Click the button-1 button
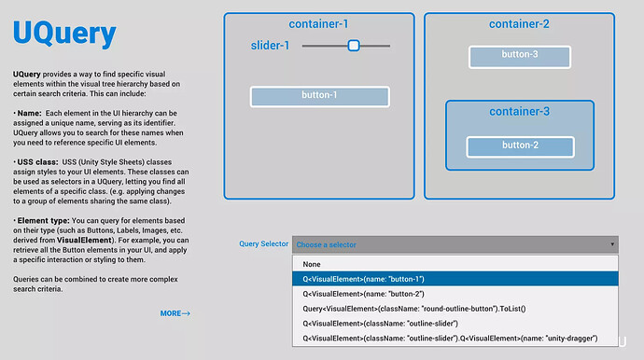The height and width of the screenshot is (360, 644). pyautogui.click(x=319, y=96)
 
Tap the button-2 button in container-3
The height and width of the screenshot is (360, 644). pyautogui.click(x=520, y=145)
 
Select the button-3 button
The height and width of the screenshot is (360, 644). pyautogui.click(x=520, y=56)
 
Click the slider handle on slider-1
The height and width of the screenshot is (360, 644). pyautogui.click(x=354, y=45)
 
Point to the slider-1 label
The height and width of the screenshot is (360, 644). pyautogui.click(x=270, y=46)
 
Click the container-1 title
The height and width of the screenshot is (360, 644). pyautogui.click(x=318, y=24)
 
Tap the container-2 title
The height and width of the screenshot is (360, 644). pyautogui.click(x=519, y=24)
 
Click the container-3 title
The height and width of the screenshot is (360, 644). pyautogui.click(x=519, y=112)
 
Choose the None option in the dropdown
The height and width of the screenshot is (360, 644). pyautogui.click(x=311, y=264)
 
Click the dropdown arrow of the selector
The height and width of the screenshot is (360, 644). pyautogui.click(x=612, y=244)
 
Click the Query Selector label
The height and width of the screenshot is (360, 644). pyautogui.click(x=263, y=244)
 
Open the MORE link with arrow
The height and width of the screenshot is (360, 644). pyautogui.click(x=175, y=313)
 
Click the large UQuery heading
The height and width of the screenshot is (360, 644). pyautogui.click(x=64, y=35)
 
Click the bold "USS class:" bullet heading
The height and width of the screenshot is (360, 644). pyautogui.click(x=38, y=161)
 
